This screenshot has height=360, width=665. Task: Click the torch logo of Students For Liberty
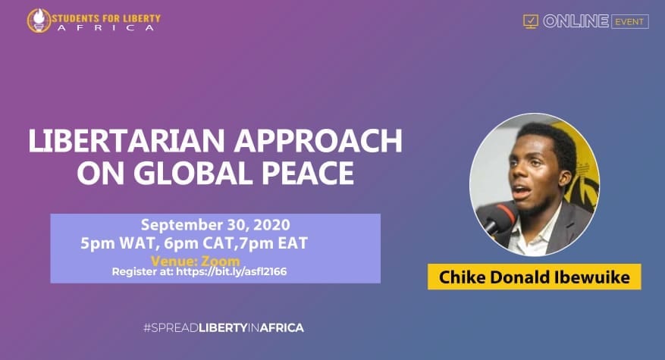39,20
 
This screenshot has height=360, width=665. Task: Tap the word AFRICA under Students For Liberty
106,28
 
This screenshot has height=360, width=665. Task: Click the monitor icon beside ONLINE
531,21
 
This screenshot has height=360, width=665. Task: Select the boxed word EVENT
630,22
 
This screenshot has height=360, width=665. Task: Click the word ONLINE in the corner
576,21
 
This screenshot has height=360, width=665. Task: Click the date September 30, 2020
215,225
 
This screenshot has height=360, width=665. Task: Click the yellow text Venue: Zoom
196,261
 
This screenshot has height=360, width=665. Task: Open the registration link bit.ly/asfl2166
231,271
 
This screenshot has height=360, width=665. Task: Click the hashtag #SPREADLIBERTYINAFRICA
224,327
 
